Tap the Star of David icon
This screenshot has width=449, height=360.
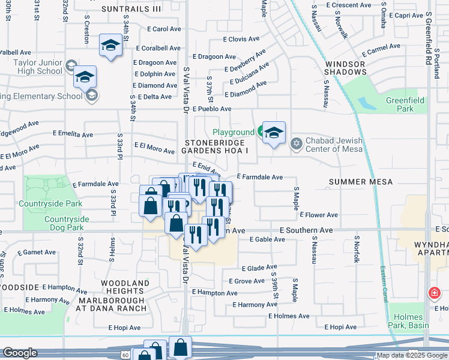[x=295, y=144]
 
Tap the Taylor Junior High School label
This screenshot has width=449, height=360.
[x=31, y=66]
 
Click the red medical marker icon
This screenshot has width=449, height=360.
[x=433, y=293]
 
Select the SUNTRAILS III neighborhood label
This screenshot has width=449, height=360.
[x=131, y=9]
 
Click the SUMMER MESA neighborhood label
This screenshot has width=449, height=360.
[x=361, y=182]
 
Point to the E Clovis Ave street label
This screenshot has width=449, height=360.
[x=241, y=39]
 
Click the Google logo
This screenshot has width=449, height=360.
[x=20, y=353]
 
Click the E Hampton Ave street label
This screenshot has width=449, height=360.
[x=214, y=293]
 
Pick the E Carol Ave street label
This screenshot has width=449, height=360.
[x=164, y=29]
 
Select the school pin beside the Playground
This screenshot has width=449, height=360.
[x=274, y=133]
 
